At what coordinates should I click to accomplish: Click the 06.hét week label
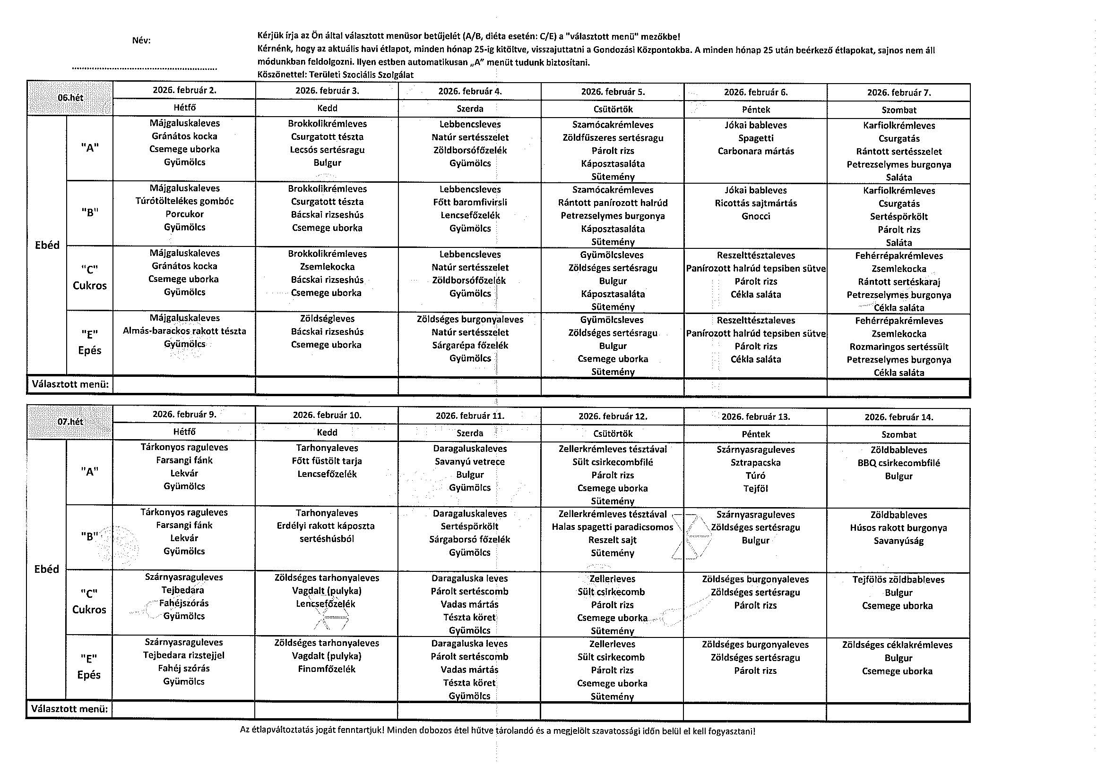[70, 98]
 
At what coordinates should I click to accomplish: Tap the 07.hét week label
[70, 422]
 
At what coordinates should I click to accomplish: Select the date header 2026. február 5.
[613, 92]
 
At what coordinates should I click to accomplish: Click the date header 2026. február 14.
[899, 417]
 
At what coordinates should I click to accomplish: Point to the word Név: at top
[142, 41]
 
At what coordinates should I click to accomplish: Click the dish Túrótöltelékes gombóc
[184, 201]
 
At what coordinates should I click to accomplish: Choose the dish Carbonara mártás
[756, 151]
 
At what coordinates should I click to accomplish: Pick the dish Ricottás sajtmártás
[756, 203]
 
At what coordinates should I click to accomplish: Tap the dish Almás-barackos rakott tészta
[184, 331]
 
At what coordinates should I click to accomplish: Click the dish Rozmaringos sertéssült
[899, 347]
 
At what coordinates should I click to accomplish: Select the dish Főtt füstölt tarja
[327, 461]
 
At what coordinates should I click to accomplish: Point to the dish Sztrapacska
[756, 463]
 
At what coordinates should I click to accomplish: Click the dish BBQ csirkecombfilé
[899, 463]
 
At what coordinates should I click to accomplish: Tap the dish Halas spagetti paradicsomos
[613, 527]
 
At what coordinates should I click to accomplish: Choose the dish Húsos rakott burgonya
[899, 528]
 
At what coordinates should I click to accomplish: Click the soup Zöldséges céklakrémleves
[898, 645]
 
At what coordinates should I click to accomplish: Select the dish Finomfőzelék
[327, 670]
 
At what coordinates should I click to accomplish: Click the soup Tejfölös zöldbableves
[899, 580]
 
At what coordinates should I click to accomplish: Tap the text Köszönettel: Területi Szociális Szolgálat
[336, 75]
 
